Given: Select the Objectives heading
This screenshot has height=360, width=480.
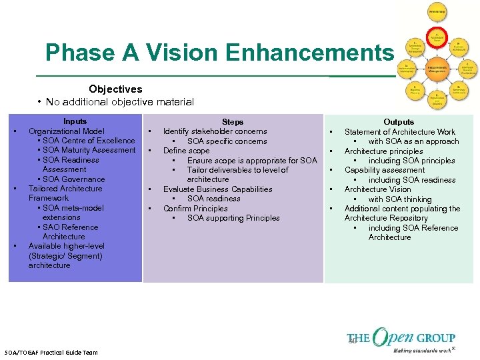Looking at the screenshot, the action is pyautogui.click(x=115, y=89).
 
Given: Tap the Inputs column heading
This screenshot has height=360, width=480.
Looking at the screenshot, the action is pyautogui.click(x=75, y=121).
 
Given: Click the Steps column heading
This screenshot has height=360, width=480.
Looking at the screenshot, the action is pyautogui.click(x=233, y=122).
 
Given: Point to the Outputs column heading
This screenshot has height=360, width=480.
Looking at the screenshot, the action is pyautogui.click(x=399, y=122).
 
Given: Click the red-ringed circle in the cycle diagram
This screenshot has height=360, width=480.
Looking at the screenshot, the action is pyautogui.click(x=437, y=38).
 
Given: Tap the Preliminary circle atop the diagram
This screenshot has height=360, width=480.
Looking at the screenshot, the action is pyautogui.click(x=437, y=12).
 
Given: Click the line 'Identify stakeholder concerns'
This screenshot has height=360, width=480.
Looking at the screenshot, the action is pyautogui.click(x=215, y=131).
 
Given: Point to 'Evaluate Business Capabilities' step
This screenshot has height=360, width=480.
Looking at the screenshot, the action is pyautogui.click(x=217, y=189).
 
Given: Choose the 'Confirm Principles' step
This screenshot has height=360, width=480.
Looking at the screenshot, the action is pyautogui.click(x=195, y=209).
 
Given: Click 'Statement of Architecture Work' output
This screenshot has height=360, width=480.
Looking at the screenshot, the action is pyautogui.click(x=400, y=132).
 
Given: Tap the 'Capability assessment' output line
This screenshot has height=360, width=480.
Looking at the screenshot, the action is pyautogui.click(x=385, y=170).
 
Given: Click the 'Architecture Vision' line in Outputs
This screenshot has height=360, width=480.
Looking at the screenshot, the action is pyautogui.click(x=378, y=189).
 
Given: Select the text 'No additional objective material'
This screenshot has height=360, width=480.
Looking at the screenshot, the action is pyautogui.click(x=120, y=102).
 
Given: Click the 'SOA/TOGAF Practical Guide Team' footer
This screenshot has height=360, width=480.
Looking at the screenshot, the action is pyautogui.click(x=51, y=352).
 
